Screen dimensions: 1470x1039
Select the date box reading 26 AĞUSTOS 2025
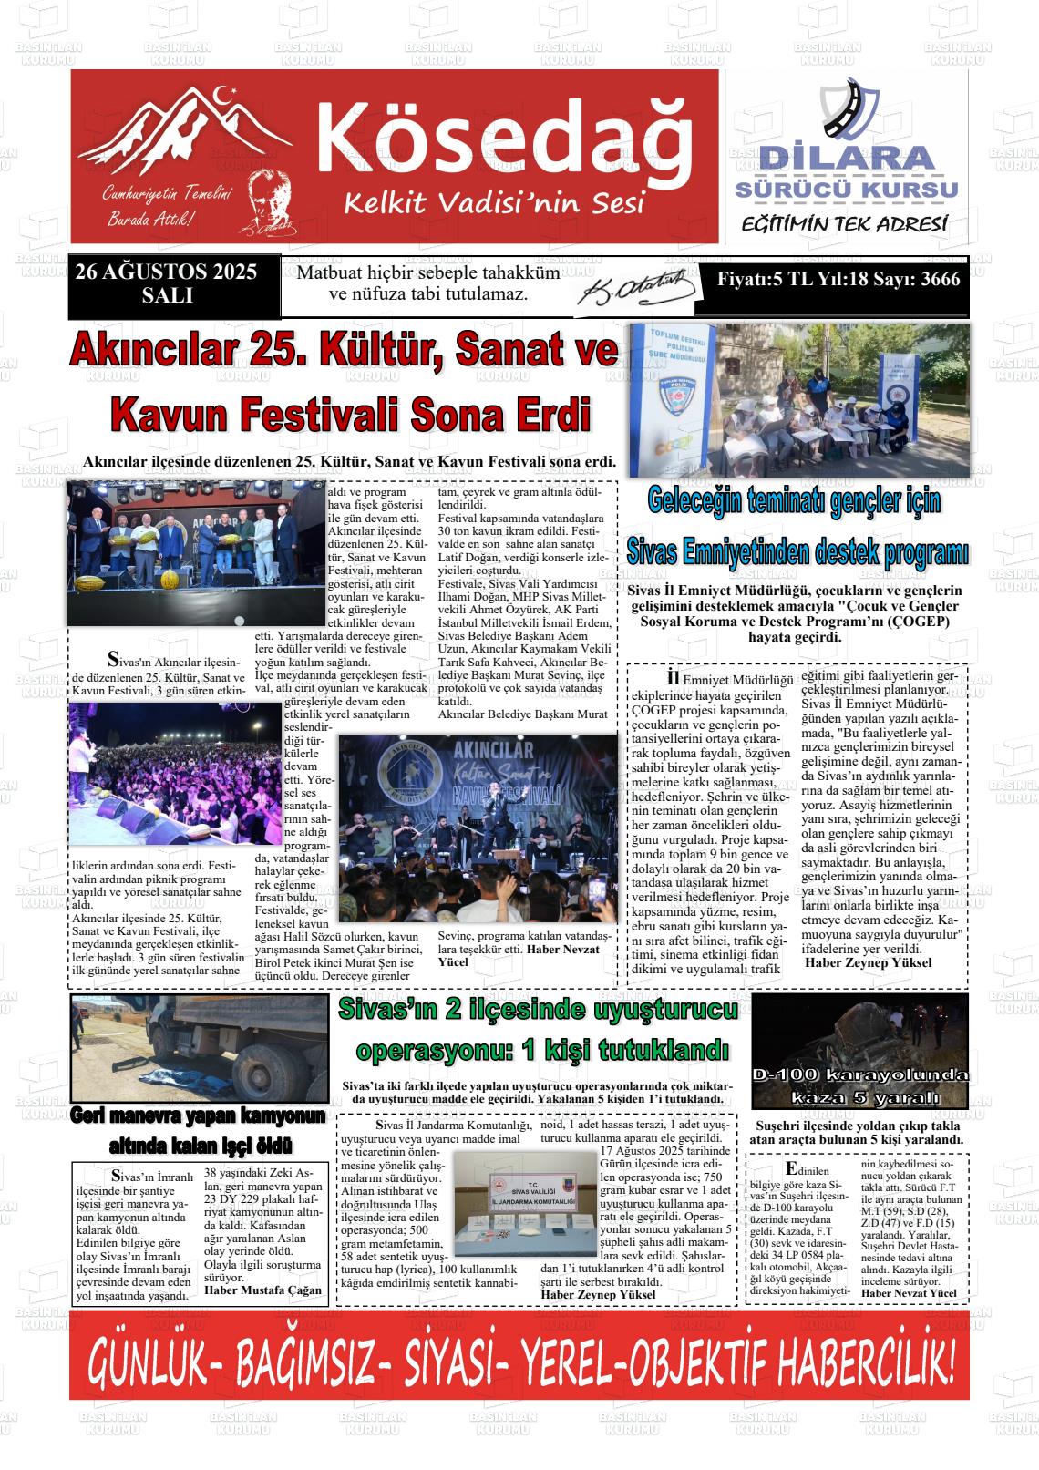pyautogui.click(x=167, y=283)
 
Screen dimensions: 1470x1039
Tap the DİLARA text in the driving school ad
pyautogui.click(x=848, y=158)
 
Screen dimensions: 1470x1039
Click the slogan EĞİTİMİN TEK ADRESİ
pyautogui.click(x=844, y=223)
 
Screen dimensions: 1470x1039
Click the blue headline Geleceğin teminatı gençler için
pyautogui.click(x=794, y=500)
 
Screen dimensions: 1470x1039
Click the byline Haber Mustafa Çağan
pyautogui.click(x=262, y=1290)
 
